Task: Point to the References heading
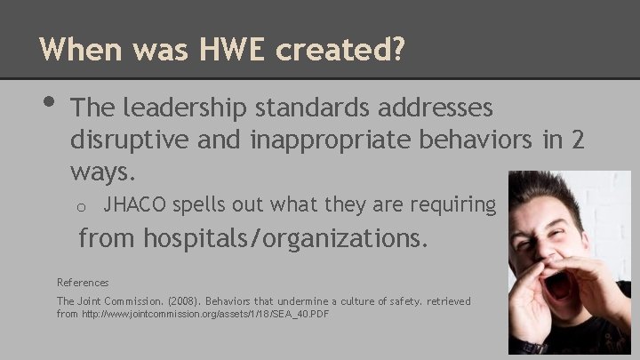point(83,282)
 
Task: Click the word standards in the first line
point(302,108)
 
